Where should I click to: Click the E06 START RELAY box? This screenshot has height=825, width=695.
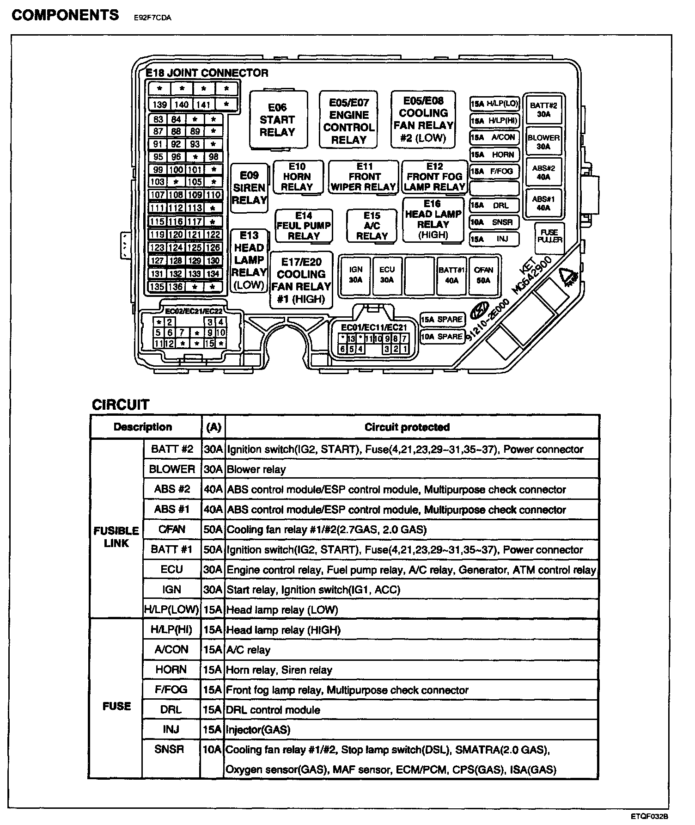(x=278, y=120)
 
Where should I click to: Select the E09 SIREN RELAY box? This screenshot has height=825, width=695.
(x=249, y=188)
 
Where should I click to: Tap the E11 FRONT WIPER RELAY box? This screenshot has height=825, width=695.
(x=364, y=177)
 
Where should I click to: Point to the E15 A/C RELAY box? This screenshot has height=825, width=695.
(x=372, y=226)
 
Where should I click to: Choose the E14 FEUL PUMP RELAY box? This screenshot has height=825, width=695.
(x=304, y=226)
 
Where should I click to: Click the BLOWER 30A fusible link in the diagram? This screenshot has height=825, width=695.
(x=543, y=142)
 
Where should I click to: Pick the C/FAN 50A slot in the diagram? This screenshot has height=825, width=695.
(x=483, y=275)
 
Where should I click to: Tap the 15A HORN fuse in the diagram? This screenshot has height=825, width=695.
(x=494, y=154)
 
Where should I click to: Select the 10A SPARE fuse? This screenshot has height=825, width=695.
(x=442, y=337)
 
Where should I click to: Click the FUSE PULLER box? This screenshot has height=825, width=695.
(x=549, y=236)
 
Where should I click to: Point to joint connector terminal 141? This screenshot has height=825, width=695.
(x=203, y=105)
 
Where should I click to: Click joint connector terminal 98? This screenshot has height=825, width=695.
(x=213, y=157)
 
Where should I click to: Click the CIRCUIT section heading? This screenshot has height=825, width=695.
(x=121, y=405)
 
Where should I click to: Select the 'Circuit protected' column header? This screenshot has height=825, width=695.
(x=407, y=427)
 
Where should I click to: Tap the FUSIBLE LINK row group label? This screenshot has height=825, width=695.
(x=116, y=537)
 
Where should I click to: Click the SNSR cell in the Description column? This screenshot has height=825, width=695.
(x=170, y=750)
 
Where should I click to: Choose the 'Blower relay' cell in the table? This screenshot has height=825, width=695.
(x=256, y=469)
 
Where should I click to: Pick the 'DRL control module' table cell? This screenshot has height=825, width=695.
(x=273, y=710)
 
